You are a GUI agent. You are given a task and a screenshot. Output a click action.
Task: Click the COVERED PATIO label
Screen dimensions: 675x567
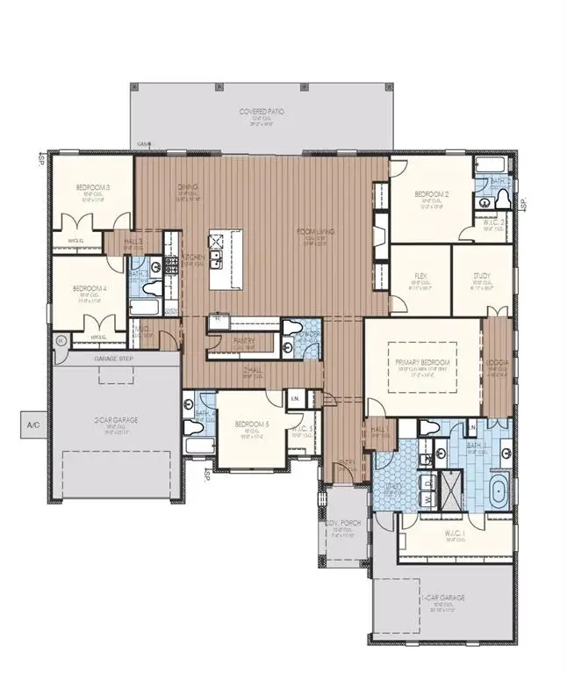(261, 112)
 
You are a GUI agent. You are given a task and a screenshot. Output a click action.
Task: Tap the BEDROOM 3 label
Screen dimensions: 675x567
(92, 187)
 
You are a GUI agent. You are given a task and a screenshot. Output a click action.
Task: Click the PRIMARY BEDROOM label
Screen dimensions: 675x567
(422, 362)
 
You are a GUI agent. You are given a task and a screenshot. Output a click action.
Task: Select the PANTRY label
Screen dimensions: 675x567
(244, 340)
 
